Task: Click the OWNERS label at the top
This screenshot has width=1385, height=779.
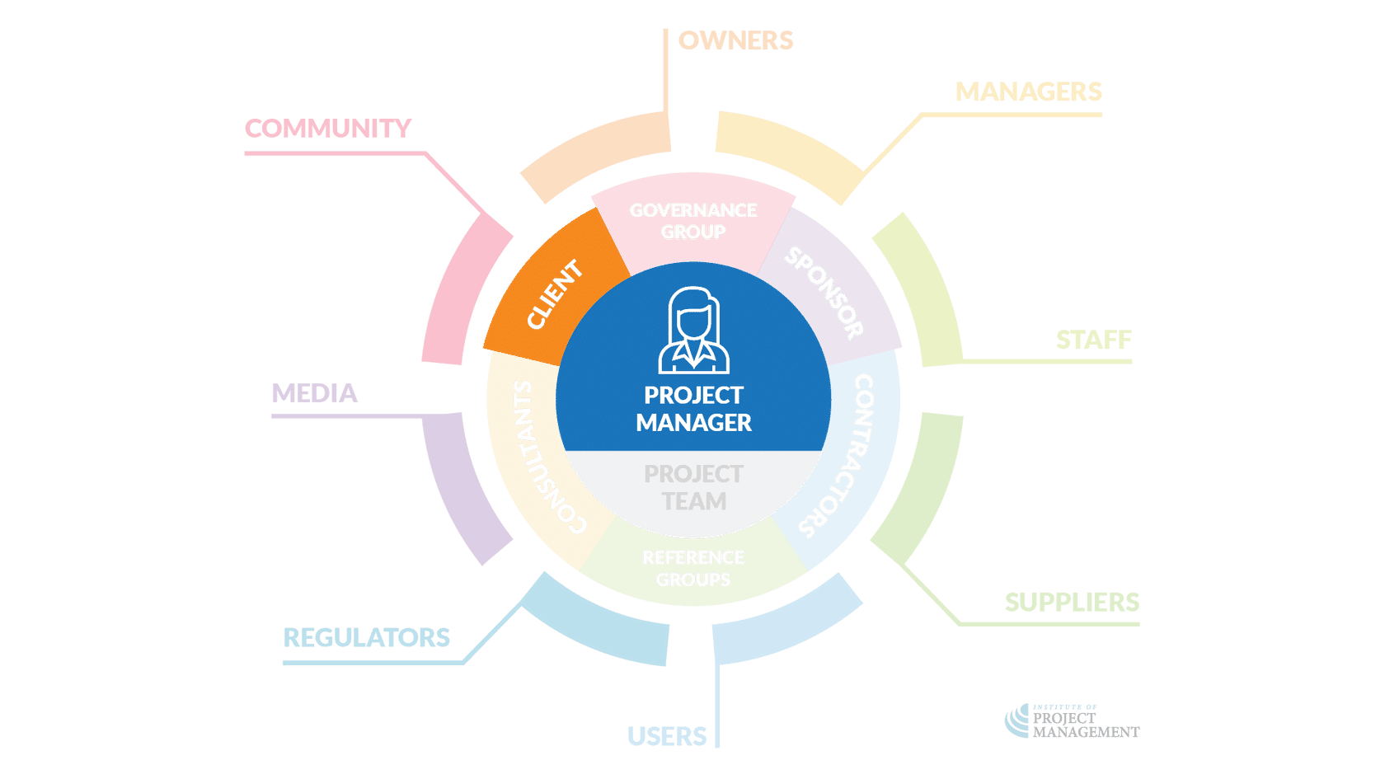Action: [x=735, y=40]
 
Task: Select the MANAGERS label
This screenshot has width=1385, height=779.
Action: [x=1028, y=92]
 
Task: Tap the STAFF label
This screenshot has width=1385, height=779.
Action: [x=1093, y=340]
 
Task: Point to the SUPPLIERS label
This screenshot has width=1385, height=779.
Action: [x=1072, y=603]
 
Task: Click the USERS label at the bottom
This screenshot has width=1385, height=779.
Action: [x=667, y=736]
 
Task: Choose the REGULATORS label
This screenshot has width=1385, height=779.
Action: [x=367, y=637]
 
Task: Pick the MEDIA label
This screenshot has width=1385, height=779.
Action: [x=314, y=393]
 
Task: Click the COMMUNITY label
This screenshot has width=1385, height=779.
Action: [x=328, y=129]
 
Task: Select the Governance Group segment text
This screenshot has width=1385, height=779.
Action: [x=693, y=221]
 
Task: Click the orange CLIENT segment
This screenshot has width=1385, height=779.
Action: [x=554, y=294]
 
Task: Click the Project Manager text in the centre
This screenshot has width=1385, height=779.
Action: [x=693, y=409]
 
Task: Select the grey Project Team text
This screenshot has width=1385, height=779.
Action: [x=693, y=487]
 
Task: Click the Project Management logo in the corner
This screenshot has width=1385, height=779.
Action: [x=1072, y=722]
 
